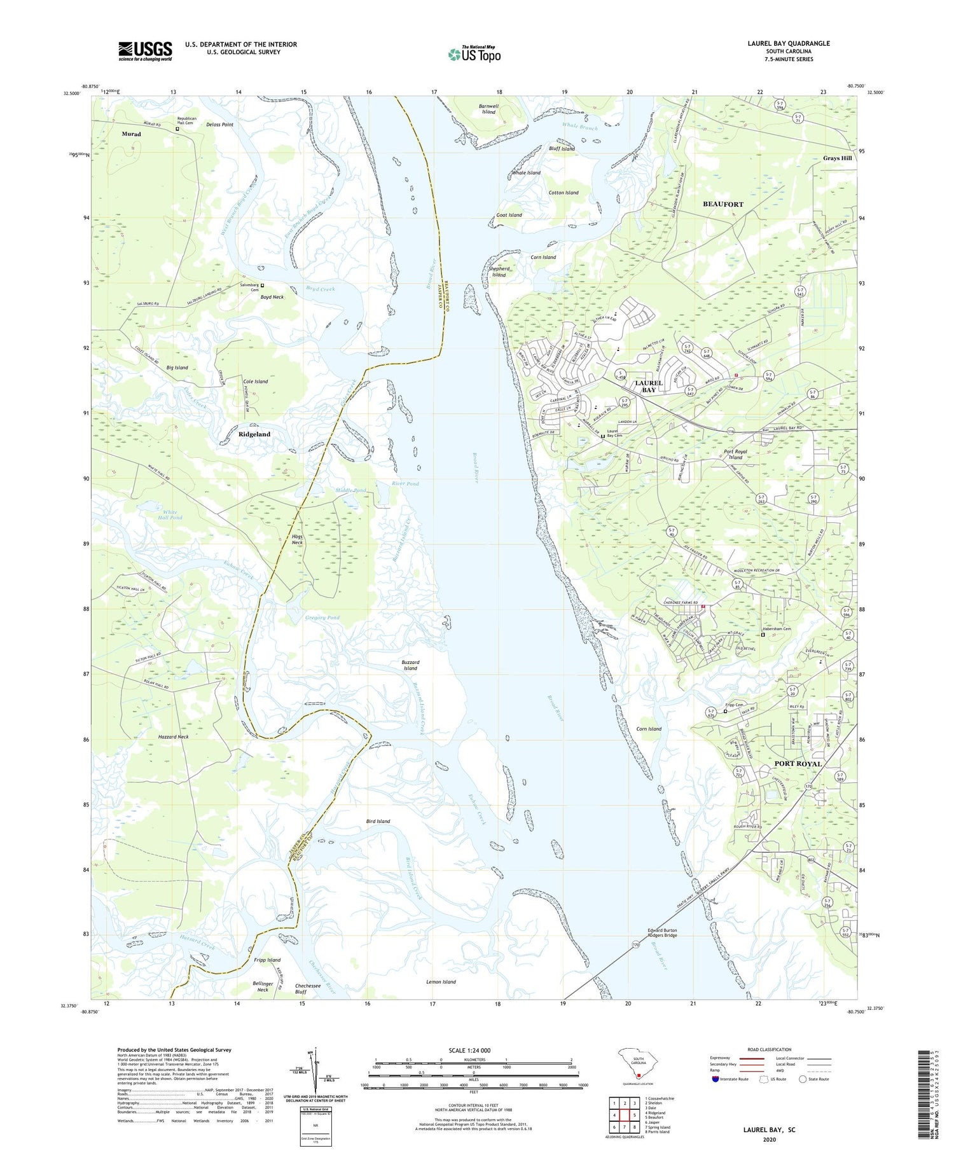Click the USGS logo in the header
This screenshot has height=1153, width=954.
(x=145, y=51)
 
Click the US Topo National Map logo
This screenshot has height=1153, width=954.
(x=474, y=54)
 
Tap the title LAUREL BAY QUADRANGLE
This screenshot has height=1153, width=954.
(x=780, y=43)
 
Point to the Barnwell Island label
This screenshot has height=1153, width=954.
(x=488, y=109)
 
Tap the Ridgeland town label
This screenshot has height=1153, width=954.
(x=254, y=434)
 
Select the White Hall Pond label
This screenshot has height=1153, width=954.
(x=172, y=514)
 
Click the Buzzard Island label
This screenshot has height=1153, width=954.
(x=410, y=665)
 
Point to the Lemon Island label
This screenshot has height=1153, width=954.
(x=441, y=982)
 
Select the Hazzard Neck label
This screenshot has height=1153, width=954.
(x=174, y=736)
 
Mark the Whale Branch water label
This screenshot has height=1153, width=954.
(x=579, y=127)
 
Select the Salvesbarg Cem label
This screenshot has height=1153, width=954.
(x=249, y=287)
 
